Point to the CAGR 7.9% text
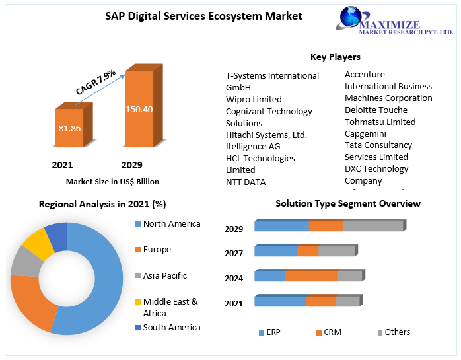[95, 81]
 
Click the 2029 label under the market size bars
[131, 165]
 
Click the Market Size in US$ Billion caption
[112, 181]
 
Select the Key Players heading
[335, 57]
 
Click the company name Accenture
[365, 75]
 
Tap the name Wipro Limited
[254, 100]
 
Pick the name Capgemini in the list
[365, 133]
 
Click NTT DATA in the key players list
[246, 182]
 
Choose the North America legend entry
[171, 224]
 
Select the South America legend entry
[171, 327]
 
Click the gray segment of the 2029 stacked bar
[372, 227]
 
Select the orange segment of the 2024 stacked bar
[311, 276]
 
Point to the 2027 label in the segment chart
[234, 253]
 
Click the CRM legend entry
[332, 332]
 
